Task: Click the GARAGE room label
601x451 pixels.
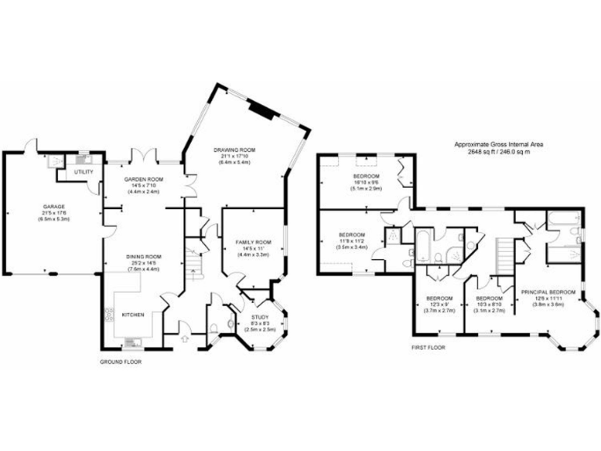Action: pyautogui.click(x=53, y=207)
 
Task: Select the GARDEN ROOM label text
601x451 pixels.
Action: pyautogui.click(x=142, y=179)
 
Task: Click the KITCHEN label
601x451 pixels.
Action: pyautogui.click(x=134, y=315)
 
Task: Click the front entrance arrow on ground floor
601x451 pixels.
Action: pyautogui.click(x=184, y=338)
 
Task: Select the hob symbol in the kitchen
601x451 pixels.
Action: pyautogui.click(x=107, y=315)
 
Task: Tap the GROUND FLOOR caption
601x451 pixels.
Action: pyautogui.click(x=120, y=362)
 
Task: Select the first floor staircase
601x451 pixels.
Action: pyautogui.click(x=508, y=253)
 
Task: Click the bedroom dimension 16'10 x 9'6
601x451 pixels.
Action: pyautogui.click(x=365, y=183)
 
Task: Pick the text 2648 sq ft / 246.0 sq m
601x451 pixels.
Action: pyautogui.click(x=499, y=152)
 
